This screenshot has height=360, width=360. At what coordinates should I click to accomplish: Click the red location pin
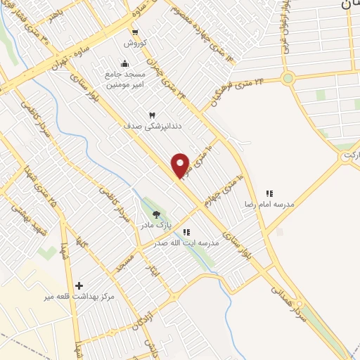coord(181,165)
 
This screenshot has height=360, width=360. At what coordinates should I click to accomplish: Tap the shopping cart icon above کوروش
coord(134,32)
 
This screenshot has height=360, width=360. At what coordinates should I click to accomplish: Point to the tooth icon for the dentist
coord(151,115)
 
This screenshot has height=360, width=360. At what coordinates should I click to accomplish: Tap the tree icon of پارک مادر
coord(156,214)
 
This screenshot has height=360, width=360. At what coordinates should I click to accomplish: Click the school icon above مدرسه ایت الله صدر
coord(186,231)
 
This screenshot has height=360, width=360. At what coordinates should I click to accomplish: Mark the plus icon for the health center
coord(79,285)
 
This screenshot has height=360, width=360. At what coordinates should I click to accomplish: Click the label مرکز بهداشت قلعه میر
coord(79,297)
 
